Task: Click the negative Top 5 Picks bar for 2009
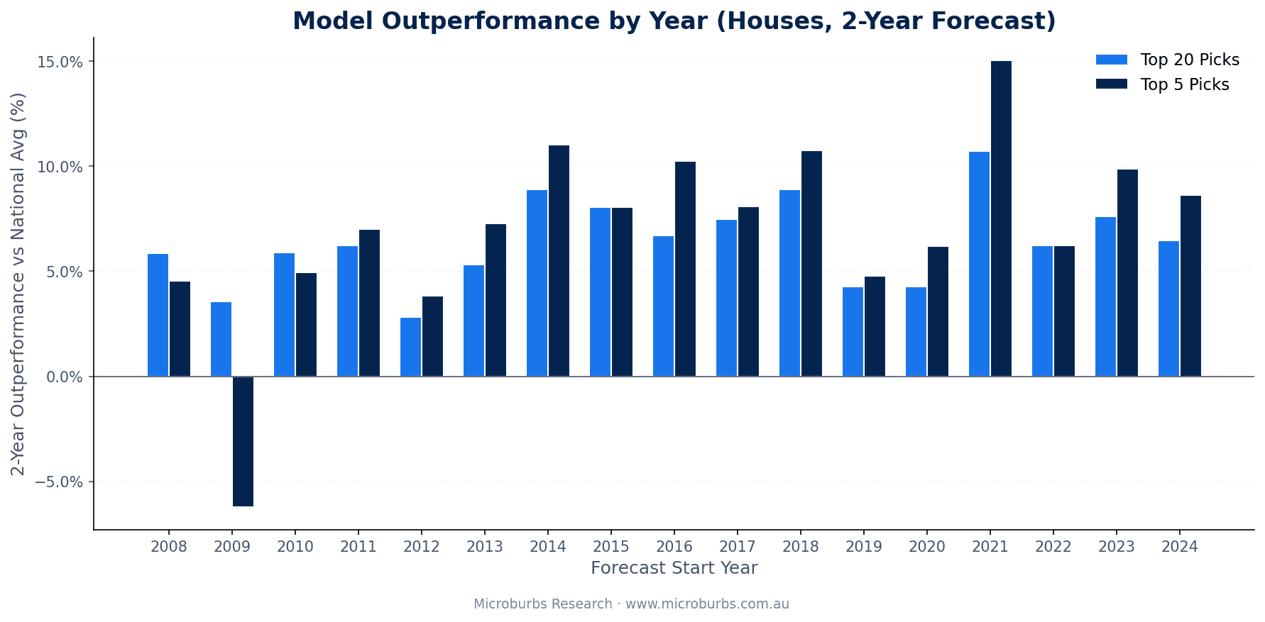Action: tap(243, 441)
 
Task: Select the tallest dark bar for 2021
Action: tap(1001, 218)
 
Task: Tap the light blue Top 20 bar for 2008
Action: tap(158, 315)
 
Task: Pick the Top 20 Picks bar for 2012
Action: tap(410, 347)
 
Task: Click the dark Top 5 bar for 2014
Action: tap(559, 261)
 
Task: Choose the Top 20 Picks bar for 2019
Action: tap(853, 332)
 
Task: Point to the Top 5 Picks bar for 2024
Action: tap(1190, 286)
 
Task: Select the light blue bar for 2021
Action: tap(979, 264)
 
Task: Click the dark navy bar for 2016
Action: tap(685, 269)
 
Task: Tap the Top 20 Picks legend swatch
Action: tap(1111, 60)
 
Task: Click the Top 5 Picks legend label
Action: tap(1184, 84)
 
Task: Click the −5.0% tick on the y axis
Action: tap(61, 482)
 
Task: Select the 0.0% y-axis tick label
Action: tap(65, 377)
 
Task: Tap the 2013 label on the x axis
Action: tap(485, 547)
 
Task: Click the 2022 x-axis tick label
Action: tap(1053, 547)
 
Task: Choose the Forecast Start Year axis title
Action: tap(674, 568)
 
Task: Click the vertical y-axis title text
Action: tap(18, 284)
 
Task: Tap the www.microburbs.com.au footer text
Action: tap(707, 604)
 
